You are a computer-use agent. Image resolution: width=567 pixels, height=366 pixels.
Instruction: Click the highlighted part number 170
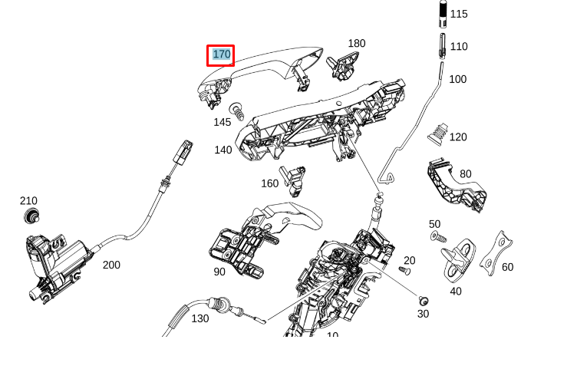click(x=221, y=54)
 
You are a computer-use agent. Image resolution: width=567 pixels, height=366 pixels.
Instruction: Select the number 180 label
click(x=357, y=44)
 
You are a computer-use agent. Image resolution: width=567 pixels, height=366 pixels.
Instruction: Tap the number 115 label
click(x=459, y=14)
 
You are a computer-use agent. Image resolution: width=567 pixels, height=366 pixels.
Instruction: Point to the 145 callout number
click(x=222, y=122)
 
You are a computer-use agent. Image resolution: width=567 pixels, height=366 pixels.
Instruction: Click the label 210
click(x=28, y=201)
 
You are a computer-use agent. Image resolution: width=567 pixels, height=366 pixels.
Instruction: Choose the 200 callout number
click(x=111, y=265)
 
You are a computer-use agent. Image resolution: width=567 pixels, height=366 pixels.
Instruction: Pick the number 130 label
click(x=199, y=318)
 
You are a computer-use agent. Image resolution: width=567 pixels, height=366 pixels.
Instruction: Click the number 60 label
click(x=507, y=267)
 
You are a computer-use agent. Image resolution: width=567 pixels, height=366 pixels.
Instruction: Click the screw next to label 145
click(x=238, y=111)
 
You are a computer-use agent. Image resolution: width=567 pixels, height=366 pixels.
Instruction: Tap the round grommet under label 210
click(x=31, y=215)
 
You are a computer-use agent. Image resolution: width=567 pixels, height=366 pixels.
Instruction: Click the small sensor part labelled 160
click(x=292, y=176)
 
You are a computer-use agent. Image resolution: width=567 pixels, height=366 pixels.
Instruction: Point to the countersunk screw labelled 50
click(x=436, y=235)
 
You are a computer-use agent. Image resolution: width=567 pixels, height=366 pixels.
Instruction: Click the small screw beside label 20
click(x=406, y=271)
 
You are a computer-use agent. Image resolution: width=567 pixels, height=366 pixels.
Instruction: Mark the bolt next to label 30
click(x=424, y=300)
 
